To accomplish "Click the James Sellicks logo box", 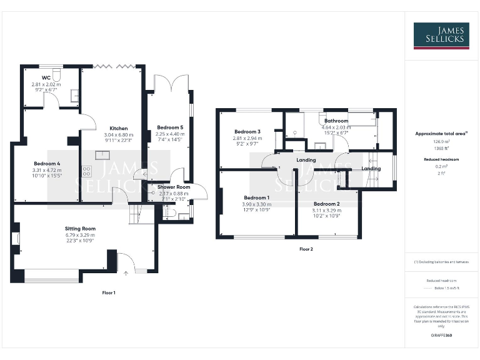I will tap(441, 36).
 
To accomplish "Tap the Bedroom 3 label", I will tap(247, 132).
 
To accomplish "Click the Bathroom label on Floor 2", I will tap(336, 121).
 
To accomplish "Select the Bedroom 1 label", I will tap(256, 197).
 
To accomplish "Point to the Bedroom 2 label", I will tap(326, 204).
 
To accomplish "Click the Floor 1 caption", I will tap(109, 292).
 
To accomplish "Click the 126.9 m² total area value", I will tap(441, 141).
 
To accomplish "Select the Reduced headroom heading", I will tap(441, 159).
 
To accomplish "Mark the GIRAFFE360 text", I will tap(441, 336).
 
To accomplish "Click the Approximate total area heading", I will tap(441, 134).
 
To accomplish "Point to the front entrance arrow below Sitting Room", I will tap(126, 272).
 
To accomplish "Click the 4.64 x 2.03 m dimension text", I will tap(336, 127).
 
